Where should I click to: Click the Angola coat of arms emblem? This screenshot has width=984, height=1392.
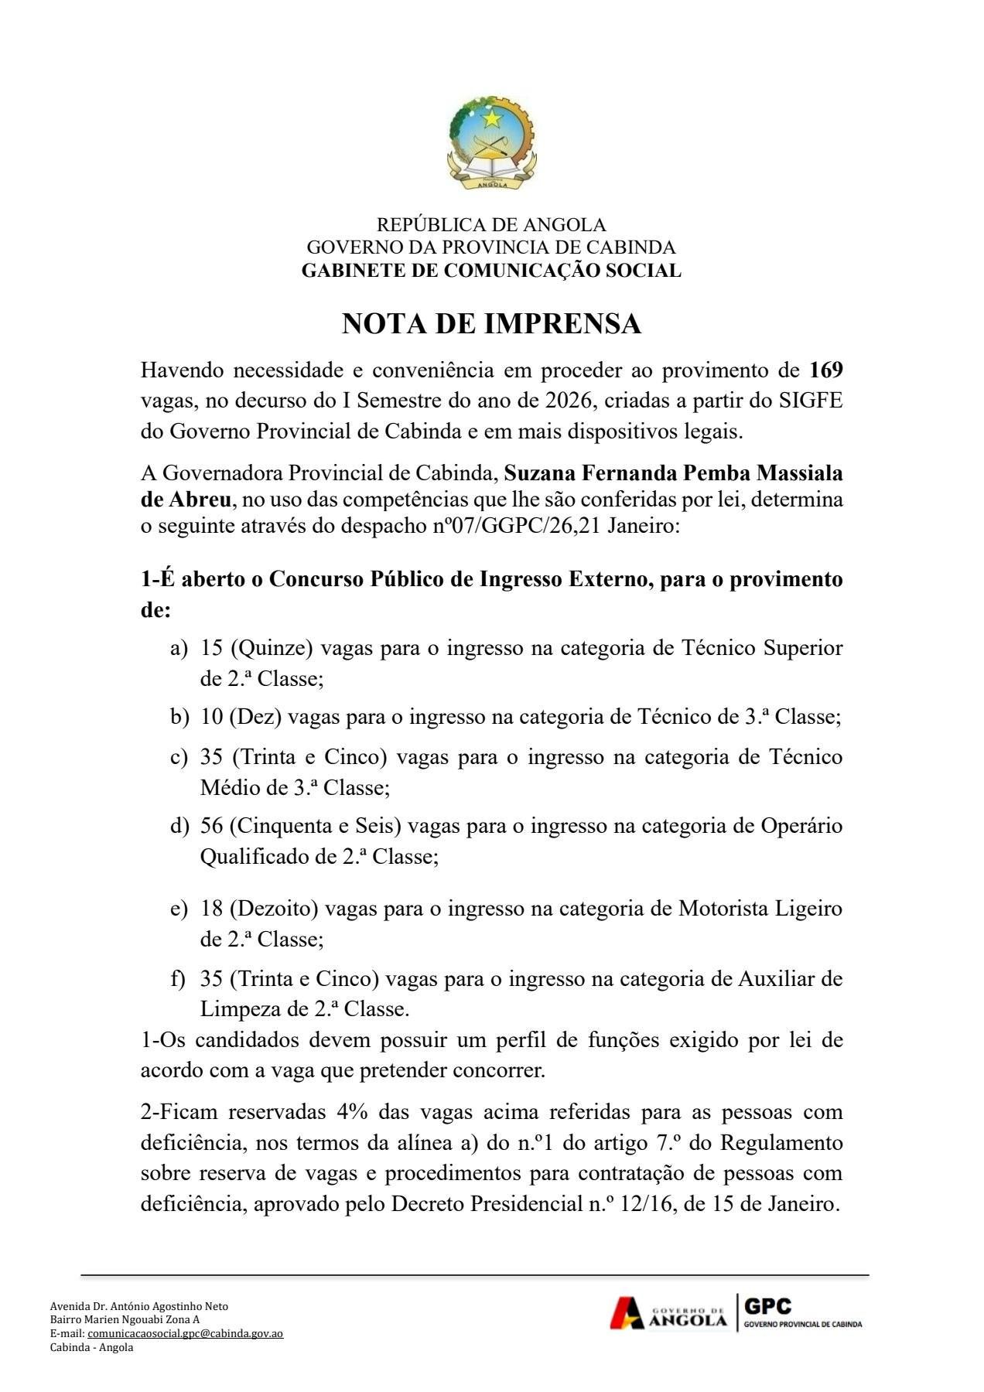coord(491,143)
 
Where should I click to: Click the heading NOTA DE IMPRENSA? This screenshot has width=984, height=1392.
coord(491,323)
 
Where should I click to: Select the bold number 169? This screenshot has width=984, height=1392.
coord(825,370)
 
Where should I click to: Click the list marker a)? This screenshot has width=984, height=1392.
coord(179,648)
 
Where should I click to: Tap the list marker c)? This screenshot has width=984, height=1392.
coord(179,757)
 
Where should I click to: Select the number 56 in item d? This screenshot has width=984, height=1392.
coord(211,826)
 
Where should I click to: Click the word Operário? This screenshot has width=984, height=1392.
coord(801,826)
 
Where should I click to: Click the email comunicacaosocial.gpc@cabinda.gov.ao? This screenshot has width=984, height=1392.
coord(185,1333)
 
